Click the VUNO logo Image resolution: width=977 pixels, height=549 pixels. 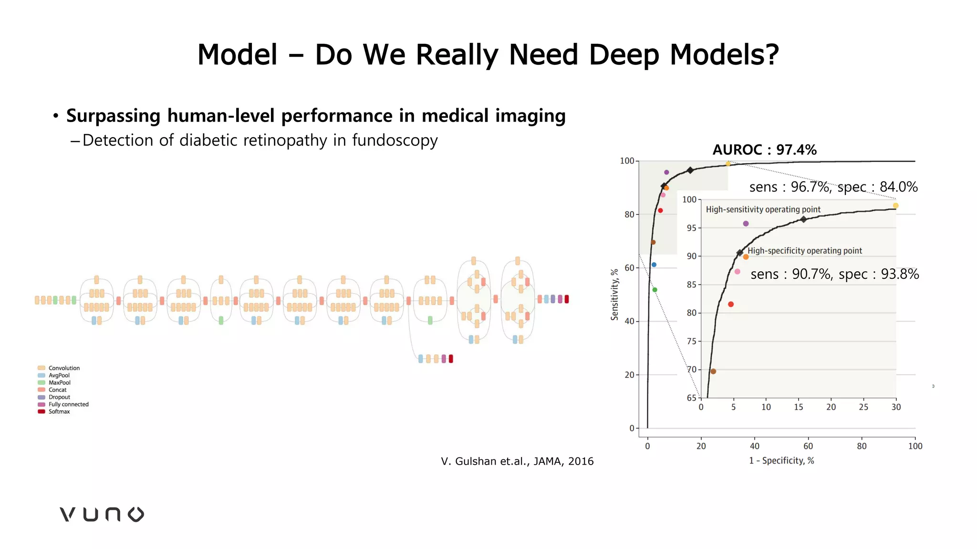pyautogui.click(x=102, y=514)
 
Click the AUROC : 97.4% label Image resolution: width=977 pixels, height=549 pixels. pyautogui.click(x=764, y=150)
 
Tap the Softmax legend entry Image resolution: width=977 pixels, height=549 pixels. pyautogui.click(x=59, y=412)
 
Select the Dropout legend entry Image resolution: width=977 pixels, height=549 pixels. pyautogui.click(x=59, y=397)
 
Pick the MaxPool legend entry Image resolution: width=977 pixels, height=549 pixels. pyautogui.click(x=59, y=383)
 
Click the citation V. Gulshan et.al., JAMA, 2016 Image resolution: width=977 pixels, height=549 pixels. pyautogui.click(x=517, y=461)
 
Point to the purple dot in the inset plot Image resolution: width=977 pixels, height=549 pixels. pyautogui.click(x=746, y=224)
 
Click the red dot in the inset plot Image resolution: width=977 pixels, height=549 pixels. pyautogui.click(x=731, y=304)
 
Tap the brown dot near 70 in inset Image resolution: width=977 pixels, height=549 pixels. pyautogui.click(x=713, y=371)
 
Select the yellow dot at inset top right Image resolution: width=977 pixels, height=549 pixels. pyautogui.click(x=895, y=205)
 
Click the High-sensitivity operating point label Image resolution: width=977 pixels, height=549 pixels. pyautogui.click(x=763, y=209)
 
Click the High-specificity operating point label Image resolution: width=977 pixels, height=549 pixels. pyautogui.click(x=804, y=251)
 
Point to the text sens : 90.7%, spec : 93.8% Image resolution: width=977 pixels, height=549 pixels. pyautogui.click(x=834, y=274)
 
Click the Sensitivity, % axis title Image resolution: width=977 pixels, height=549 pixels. pyautogui.click(x=614, y=294)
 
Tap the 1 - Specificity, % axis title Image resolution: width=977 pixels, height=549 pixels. pyautogui.click(x=781, y=460)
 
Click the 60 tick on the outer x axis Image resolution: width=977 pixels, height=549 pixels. pyautogui.click(x=808, y=446)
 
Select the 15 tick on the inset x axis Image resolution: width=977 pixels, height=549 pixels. pyautogui.click(x=798, y=407)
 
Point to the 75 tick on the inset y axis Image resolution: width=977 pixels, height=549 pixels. pyautogui.click(x=691, y=341)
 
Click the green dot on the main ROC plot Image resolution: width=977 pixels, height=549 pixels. pyautogui.click(x=655, y=290)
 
